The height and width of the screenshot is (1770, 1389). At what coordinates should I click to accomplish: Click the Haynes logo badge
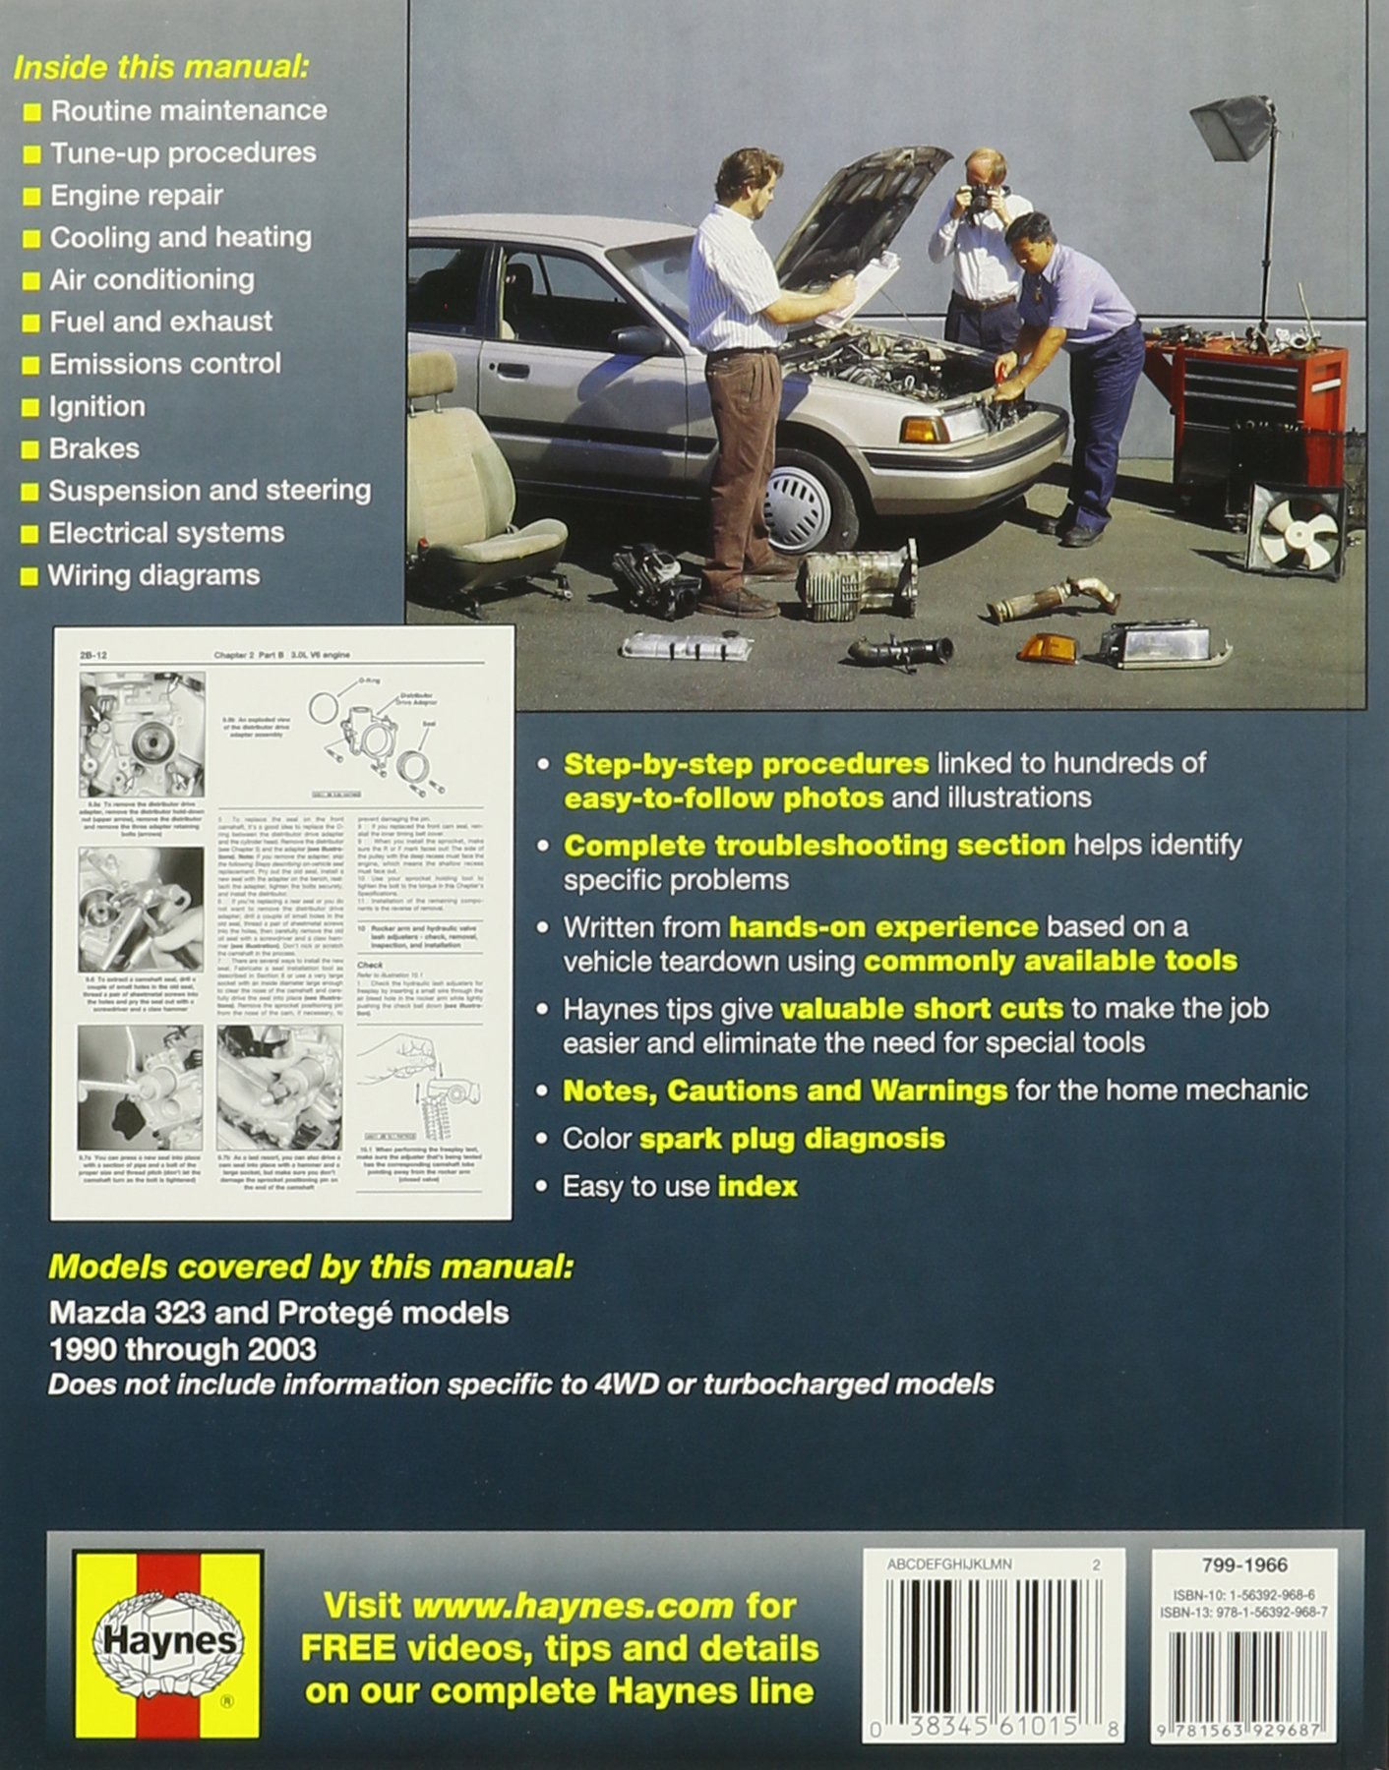(x=165, y=1644)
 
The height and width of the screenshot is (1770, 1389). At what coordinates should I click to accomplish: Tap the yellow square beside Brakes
(x=31, y=450)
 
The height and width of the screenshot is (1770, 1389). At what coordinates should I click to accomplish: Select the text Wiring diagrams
(x=153, y=575)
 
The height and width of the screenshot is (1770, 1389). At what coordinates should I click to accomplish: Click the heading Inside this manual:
(x=160, y=67)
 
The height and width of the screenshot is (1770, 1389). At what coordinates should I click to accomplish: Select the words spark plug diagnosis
(x=792, y=1139)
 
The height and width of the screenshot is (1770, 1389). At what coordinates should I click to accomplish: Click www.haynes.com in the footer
(x=573, y=1607)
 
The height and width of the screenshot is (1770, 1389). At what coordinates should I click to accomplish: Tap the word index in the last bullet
(x=757, y=1187)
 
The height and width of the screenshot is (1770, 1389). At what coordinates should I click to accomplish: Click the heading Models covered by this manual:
(x=311, y=1267)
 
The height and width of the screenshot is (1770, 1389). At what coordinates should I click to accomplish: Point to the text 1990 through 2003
(x=183, y=1349)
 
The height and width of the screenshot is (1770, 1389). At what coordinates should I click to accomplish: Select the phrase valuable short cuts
(x=922, y=1009)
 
